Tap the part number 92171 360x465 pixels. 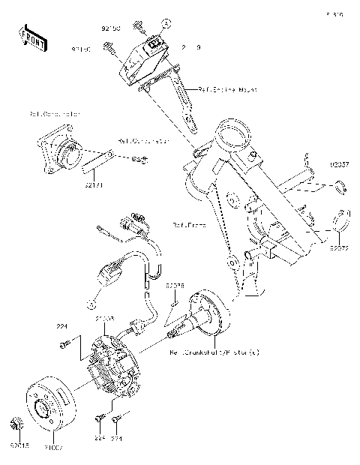point(93,183)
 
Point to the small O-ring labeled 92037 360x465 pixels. point(341,187)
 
